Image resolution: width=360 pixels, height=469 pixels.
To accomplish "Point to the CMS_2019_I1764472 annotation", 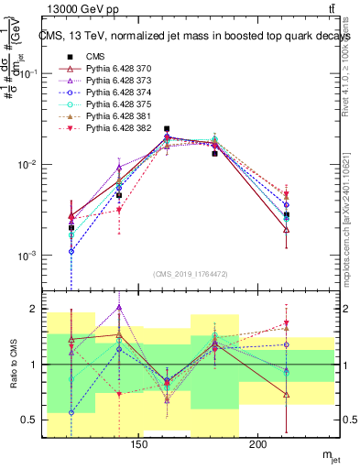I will [191, 274].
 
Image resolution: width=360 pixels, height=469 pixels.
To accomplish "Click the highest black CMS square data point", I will [167, 129].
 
